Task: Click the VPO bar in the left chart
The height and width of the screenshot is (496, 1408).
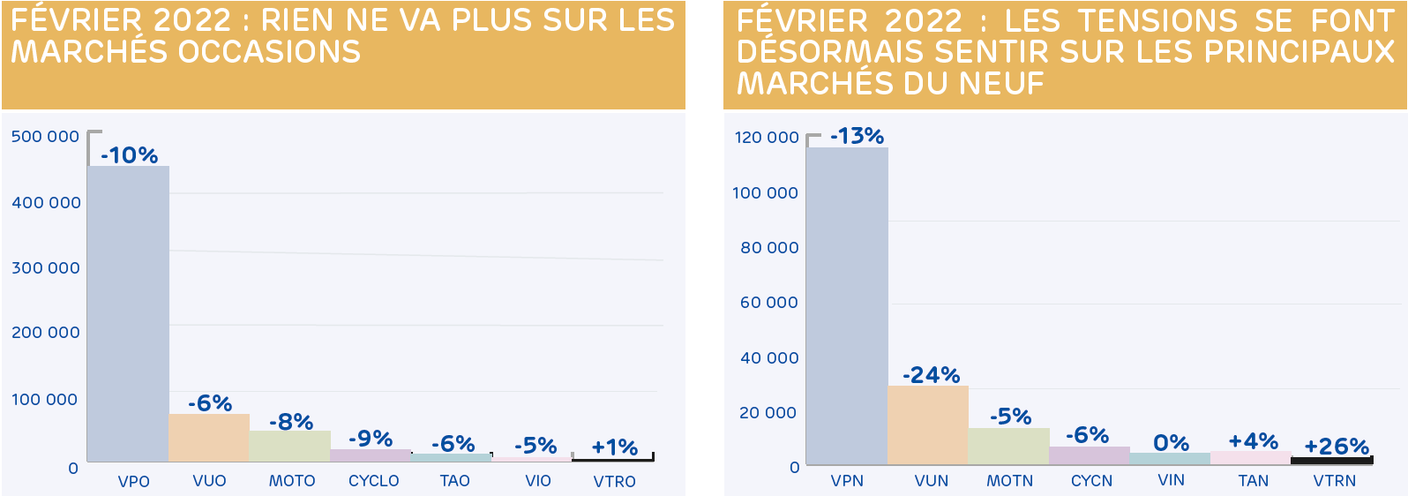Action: click(129, 313)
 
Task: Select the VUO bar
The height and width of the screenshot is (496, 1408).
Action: click(209, 438)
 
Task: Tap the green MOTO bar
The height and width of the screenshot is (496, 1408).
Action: click(289, 446)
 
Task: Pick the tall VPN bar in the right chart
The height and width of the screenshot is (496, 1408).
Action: click(847, 305)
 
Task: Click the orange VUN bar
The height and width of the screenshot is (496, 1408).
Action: click(928, 425)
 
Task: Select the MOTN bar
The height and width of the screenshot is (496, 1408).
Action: click(1009, 446)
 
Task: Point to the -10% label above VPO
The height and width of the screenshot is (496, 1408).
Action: click(130, 155)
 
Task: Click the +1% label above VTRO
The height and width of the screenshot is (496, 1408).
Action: click(615, 447)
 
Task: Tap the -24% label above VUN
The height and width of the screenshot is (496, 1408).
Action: click(931, 375)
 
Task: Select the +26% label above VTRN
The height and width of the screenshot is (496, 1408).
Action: click(1337, 447)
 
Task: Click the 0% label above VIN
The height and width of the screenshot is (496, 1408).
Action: click(1172, 443)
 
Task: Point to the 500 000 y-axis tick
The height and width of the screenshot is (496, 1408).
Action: click(45, 137)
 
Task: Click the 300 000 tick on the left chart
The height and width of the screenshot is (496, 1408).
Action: click(46, 267)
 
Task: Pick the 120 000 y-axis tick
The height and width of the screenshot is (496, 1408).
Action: click(767, 138)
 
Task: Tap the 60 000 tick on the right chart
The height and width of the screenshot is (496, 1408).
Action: click(769, 303)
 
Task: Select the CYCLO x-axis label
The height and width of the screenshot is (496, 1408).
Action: click(374, 481)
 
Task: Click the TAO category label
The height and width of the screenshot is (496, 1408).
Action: click(455, 481)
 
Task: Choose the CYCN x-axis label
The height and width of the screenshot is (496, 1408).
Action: click(1092, 481)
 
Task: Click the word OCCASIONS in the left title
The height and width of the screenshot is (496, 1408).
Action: click(269, 52)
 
